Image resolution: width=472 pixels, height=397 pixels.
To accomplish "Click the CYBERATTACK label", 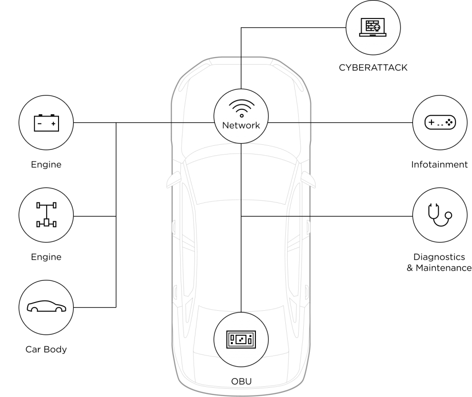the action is (373, 67).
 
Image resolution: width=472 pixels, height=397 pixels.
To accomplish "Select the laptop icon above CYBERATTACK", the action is (372, 27).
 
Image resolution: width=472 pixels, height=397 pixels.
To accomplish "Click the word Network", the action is (241, 125).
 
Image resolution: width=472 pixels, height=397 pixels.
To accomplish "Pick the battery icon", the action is (47, 123).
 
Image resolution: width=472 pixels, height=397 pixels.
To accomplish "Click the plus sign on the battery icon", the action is (53, 124).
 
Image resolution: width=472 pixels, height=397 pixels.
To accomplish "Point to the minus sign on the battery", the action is (40, 124).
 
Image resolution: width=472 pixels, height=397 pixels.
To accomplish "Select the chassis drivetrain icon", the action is (47, 214).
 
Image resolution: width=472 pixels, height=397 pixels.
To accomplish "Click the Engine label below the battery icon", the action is (46, 165).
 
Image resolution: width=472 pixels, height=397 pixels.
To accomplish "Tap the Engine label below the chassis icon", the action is (46, 257).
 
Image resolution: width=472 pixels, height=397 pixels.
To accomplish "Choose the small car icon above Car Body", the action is (47, 306).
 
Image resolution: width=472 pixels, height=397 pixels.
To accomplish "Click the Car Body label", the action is (46, 350).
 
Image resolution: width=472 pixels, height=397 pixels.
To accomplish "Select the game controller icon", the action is (440, 122).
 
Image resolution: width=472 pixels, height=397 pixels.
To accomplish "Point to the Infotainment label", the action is (439, 165).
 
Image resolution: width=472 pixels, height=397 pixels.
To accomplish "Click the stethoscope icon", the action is (440, 215).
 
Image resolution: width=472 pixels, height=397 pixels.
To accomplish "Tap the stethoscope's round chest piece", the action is (448, 215).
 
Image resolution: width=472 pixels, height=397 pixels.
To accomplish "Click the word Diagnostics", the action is (439, 257).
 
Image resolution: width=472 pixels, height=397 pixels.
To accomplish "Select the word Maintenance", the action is (444, 268).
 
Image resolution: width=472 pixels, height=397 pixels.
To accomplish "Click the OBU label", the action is (241, 381).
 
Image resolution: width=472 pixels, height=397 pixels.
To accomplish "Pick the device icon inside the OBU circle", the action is (241, 339).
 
